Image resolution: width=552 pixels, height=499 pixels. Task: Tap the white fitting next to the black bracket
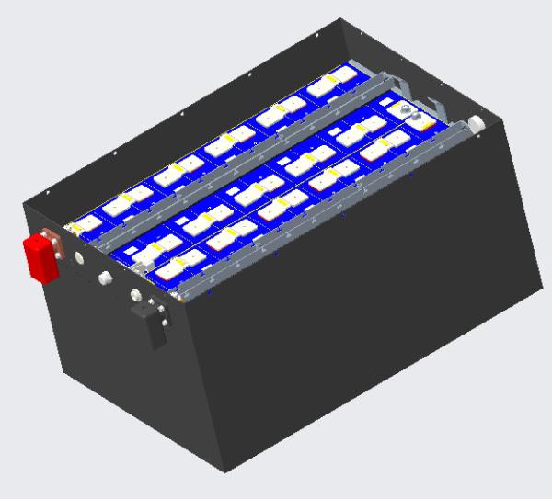click(x=136, y=295)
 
